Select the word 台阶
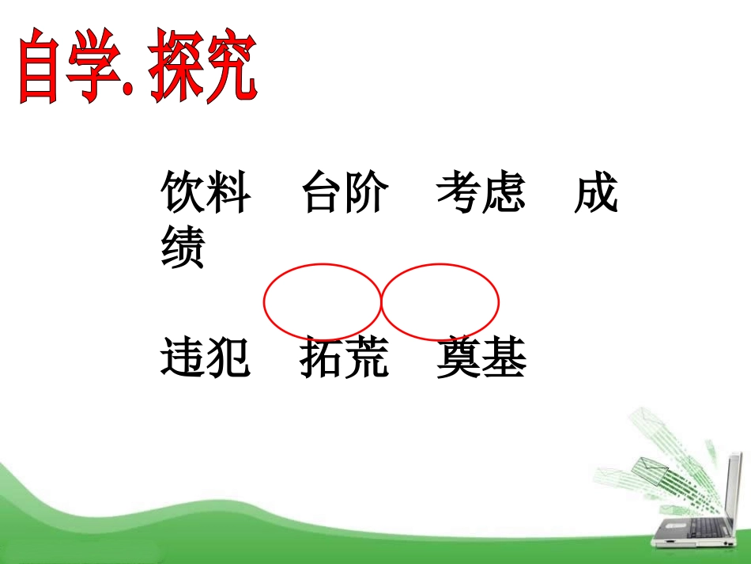[x=345, y=195]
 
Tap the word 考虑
[x=481, y=195]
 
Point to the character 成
[x=596, y=195]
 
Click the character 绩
[x=183, y=248]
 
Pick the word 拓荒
[x=345, y=359]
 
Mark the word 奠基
[x=481, y=359]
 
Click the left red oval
[x=322, y=301]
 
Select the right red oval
[x=440, y=301]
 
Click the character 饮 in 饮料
[x=183, y=195]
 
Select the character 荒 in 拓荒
[x=368, y=359]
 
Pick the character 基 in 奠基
[x=504, y=359]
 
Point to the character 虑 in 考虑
[x=504, y=195]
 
